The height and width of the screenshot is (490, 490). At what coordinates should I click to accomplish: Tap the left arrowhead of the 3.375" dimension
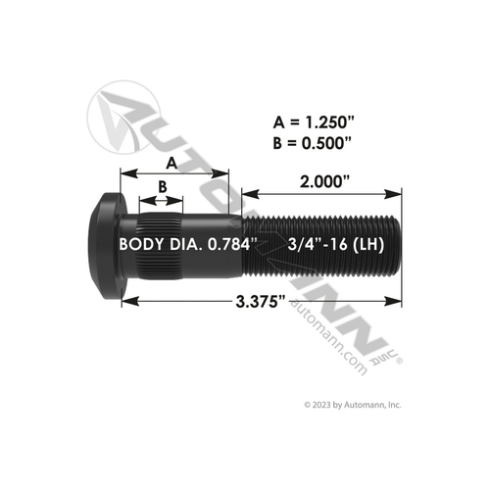(124, 302)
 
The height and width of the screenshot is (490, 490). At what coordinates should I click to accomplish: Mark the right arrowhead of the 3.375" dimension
(396, 302)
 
